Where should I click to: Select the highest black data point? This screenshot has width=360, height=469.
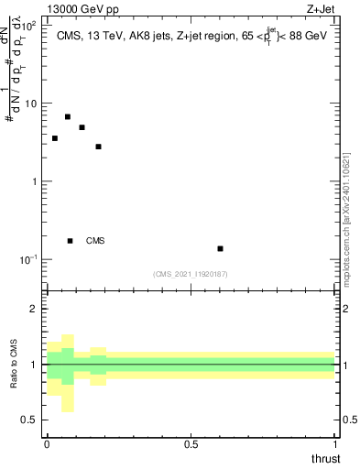coord(68,117)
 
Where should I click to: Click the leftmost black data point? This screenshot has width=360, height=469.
coord(55,138)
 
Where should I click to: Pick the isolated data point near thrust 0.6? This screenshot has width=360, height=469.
coord(221,248)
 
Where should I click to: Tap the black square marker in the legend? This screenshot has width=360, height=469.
coord(71,241)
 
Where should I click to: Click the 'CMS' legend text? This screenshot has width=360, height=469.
coord(95,241)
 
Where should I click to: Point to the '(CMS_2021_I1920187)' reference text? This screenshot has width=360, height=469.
coord(190,274)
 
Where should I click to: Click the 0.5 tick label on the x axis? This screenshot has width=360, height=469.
coord(191,444)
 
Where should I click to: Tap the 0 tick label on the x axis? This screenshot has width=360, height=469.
coord(47,444)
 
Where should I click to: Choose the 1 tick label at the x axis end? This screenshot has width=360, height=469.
coord(335,444)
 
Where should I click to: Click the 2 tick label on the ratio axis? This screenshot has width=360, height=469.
coord(33,309)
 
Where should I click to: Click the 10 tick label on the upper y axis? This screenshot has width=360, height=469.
coord(31,104)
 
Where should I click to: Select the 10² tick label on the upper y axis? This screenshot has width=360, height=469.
coord(29,25)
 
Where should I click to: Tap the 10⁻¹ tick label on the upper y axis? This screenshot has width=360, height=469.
coord(28,260)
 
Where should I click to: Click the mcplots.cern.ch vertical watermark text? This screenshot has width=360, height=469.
coord(347,220)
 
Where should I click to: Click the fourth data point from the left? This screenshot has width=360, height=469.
coord(98,147)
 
